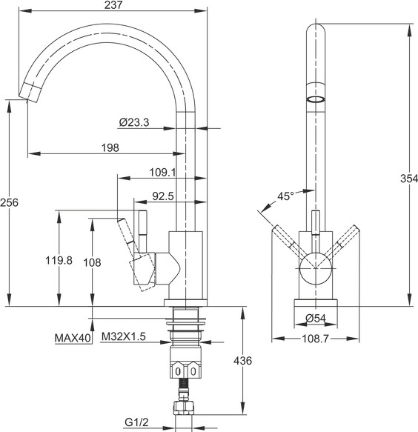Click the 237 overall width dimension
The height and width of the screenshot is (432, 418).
click(113, 5)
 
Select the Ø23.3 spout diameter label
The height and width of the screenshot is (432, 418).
click(134, 122)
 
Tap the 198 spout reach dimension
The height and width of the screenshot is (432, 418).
click(110, 148)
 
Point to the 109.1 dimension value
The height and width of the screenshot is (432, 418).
click(162, 173)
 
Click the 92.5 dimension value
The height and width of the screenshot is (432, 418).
click(163, 196)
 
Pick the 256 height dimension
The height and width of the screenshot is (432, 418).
click(9, 203)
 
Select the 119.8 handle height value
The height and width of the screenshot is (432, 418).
click(59, 260)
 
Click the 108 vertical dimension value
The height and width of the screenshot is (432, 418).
click(93, 262)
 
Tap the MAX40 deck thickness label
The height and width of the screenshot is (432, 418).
click(73, 338)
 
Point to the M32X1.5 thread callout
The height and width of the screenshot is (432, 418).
click(124, 336)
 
